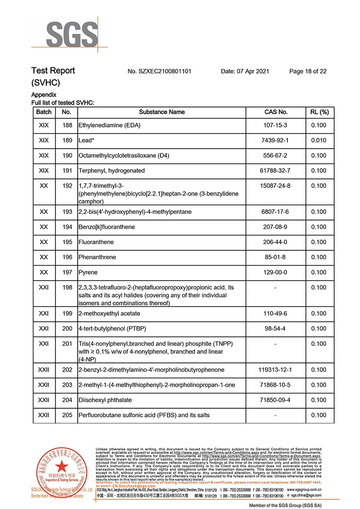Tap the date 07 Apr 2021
(245, 71)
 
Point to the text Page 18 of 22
(308, 71)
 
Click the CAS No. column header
(276, 112)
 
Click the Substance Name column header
(162, 112)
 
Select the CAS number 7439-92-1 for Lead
(276, 140)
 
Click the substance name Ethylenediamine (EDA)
(110, 125)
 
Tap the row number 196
(67, 257)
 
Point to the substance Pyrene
(88, 272)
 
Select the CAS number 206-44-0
(276, 242)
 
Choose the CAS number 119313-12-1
(276, 370)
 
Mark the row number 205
(67, 415)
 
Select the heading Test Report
(53, 71)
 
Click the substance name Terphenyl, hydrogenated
(112, 171)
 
